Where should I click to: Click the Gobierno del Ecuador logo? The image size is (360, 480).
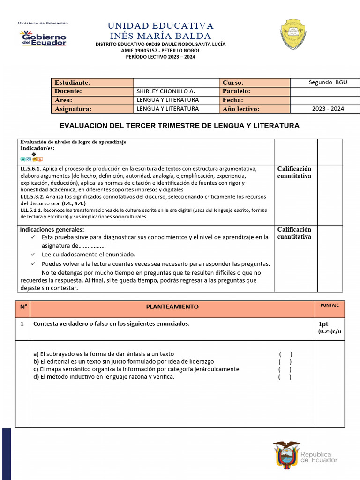click(43, 38)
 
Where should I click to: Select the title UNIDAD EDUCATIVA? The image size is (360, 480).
click(160, 25)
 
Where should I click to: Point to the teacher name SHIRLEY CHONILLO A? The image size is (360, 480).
click(165, 91)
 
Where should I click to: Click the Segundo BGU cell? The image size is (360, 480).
click(328, 82)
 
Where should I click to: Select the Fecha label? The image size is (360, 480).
click(232, 100)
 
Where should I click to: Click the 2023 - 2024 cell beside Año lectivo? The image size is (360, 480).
click(328, 109)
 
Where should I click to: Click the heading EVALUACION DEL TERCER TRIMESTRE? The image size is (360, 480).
click(180, 126)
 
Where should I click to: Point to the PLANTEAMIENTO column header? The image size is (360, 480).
click(172, 307)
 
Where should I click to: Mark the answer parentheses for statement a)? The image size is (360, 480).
click(285, 354)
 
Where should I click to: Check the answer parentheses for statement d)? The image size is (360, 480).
click(285, 377)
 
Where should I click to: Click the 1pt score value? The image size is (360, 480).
click(323, 324)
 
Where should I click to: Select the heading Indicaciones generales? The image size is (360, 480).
click(52, 230)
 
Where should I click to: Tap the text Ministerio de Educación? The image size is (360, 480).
click(43, 23)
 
